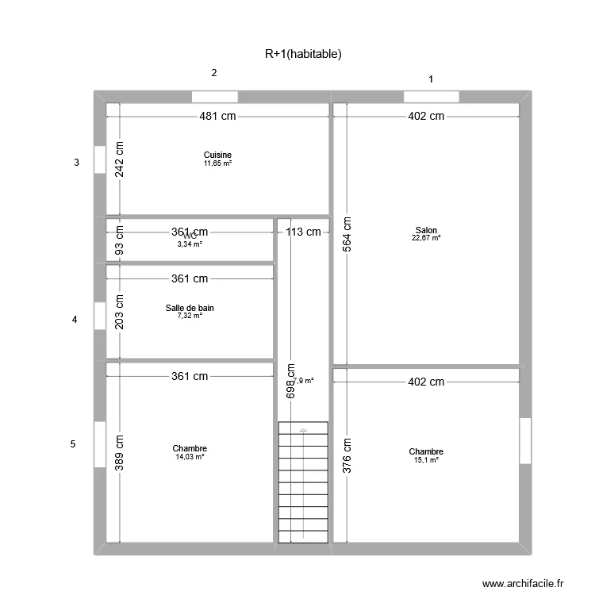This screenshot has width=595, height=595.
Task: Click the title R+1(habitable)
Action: click(x=303, y=54)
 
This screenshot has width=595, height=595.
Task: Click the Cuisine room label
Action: click(x=217, y=155)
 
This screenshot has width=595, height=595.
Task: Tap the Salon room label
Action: click(x=426, y=231)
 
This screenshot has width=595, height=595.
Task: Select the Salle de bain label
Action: click(x=190, y=308)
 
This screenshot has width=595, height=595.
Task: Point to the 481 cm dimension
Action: click(x=217, y=117)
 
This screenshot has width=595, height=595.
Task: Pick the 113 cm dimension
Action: click(x=303, y=232)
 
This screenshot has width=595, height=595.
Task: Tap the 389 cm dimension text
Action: click(x=120, y=453)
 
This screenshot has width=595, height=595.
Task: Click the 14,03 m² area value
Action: click(x=190, y=457)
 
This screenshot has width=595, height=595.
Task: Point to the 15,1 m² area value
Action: click(x=426, y=460)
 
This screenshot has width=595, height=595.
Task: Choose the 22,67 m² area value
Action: click(x=426, y=238)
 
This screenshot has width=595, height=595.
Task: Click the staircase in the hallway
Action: click(x=302, y=482)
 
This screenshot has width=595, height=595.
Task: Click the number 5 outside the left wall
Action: click(x=73, y=444)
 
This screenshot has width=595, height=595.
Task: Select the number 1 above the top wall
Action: click(x=431, y=79)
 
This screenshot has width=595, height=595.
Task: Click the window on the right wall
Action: click(x=524, y=440)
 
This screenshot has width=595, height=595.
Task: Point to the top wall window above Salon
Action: click(x=431, y=97)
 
